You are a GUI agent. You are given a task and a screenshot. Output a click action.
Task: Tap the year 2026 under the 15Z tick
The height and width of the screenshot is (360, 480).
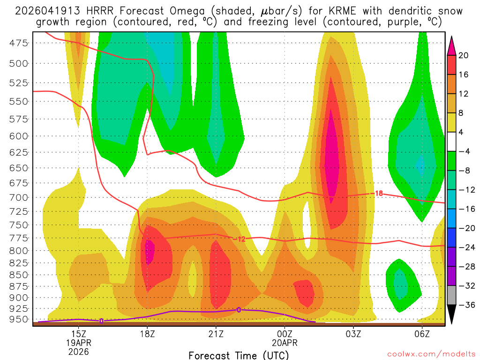(x=78, y=351)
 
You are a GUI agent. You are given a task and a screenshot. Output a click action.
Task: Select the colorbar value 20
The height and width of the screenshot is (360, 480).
(x=464, y=55)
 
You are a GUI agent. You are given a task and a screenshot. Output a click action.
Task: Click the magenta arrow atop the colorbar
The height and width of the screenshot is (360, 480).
(x=452, y=45)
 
